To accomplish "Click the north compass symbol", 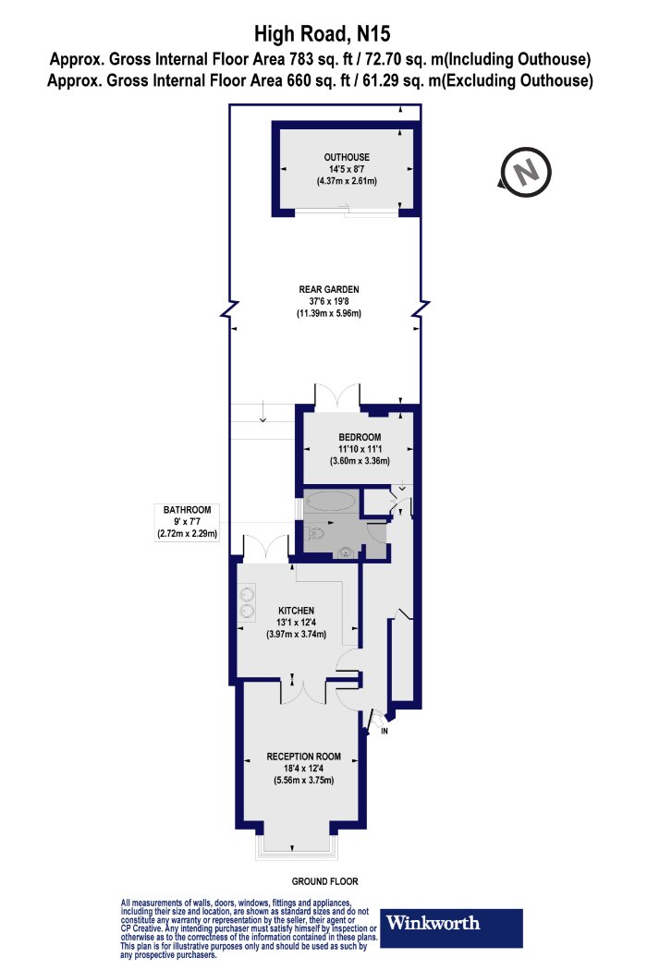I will tap(525, 172).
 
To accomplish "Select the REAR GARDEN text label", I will tap(327, 289).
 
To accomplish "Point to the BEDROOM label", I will tap(360, 437).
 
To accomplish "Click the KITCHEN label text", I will tap(297, 611).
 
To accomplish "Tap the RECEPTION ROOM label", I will tap(299, 756).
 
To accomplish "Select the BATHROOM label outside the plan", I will tap(188, 510).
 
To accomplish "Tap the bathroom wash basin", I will tap(345, 553).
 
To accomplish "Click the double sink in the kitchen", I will tap(247, 601).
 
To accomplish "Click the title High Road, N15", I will tap(323, 36).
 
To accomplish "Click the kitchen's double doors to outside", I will tap(263, 548).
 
